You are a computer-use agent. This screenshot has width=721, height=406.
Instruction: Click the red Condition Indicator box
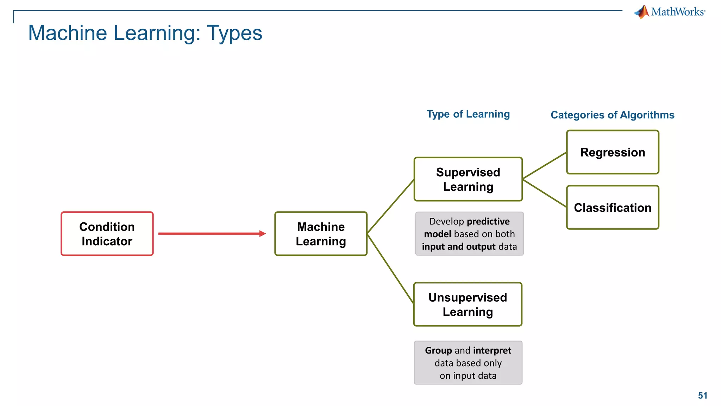(x=107, y=234)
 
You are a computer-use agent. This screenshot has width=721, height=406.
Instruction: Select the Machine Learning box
(x=321, y=234)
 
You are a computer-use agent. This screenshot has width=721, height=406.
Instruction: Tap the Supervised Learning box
(x=468, y=179)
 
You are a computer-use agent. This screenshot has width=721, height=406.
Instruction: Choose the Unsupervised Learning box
(x=468, y=304)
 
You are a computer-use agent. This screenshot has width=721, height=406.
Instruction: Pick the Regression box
(x=613, y=152)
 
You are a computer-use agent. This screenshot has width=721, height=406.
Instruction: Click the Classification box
(x=613, y=208)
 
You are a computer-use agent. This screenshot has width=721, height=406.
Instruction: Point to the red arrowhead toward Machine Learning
(x=262, y=233)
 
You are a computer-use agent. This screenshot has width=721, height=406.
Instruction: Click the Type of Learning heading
(x=468, y=114)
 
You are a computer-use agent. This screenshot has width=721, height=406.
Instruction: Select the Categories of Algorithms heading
(x=612, y=115)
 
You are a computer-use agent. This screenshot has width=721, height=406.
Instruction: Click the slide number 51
(x=702, y=395)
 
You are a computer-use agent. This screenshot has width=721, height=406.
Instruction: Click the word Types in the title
(x=234, y=33)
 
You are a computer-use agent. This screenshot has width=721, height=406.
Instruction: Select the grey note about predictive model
(x=469, y=234)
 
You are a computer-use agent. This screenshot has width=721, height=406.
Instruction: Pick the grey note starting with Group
(x=468, y=363)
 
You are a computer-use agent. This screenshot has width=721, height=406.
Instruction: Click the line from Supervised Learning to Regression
(x=545, y=166)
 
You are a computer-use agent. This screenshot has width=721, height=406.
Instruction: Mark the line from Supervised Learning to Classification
(x=545, y=193)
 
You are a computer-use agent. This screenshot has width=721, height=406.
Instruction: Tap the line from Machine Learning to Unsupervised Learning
(x=390, y=269)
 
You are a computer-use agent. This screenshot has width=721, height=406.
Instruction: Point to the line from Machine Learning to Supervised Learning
(x=390, y=207)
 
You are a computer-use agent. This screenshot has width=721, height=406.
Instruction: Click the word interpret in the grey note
(x=492, y=351)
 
